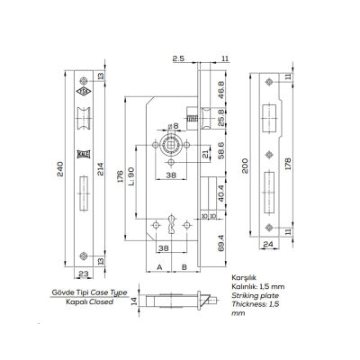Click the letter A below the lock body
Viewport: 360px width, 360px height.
(159, 267)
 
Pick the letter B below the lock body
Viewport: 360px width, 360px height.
(183, 267)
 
